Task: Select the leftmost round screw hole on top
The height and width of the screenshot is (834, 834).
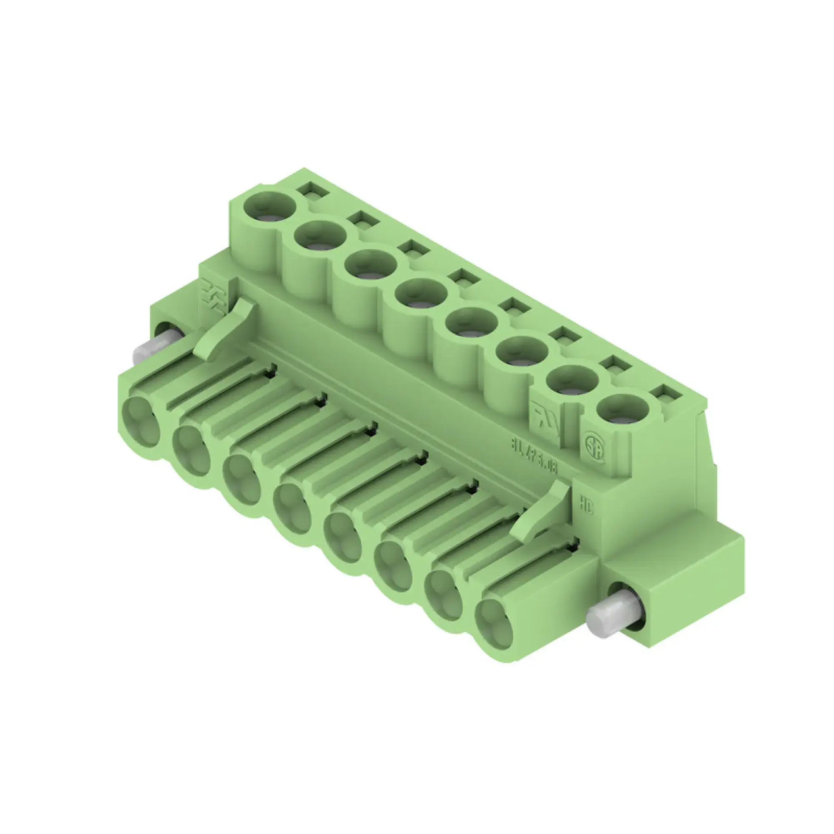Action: [269, 204]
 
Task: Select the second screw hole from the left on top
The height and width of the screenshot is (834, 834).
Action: [320, 235]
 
